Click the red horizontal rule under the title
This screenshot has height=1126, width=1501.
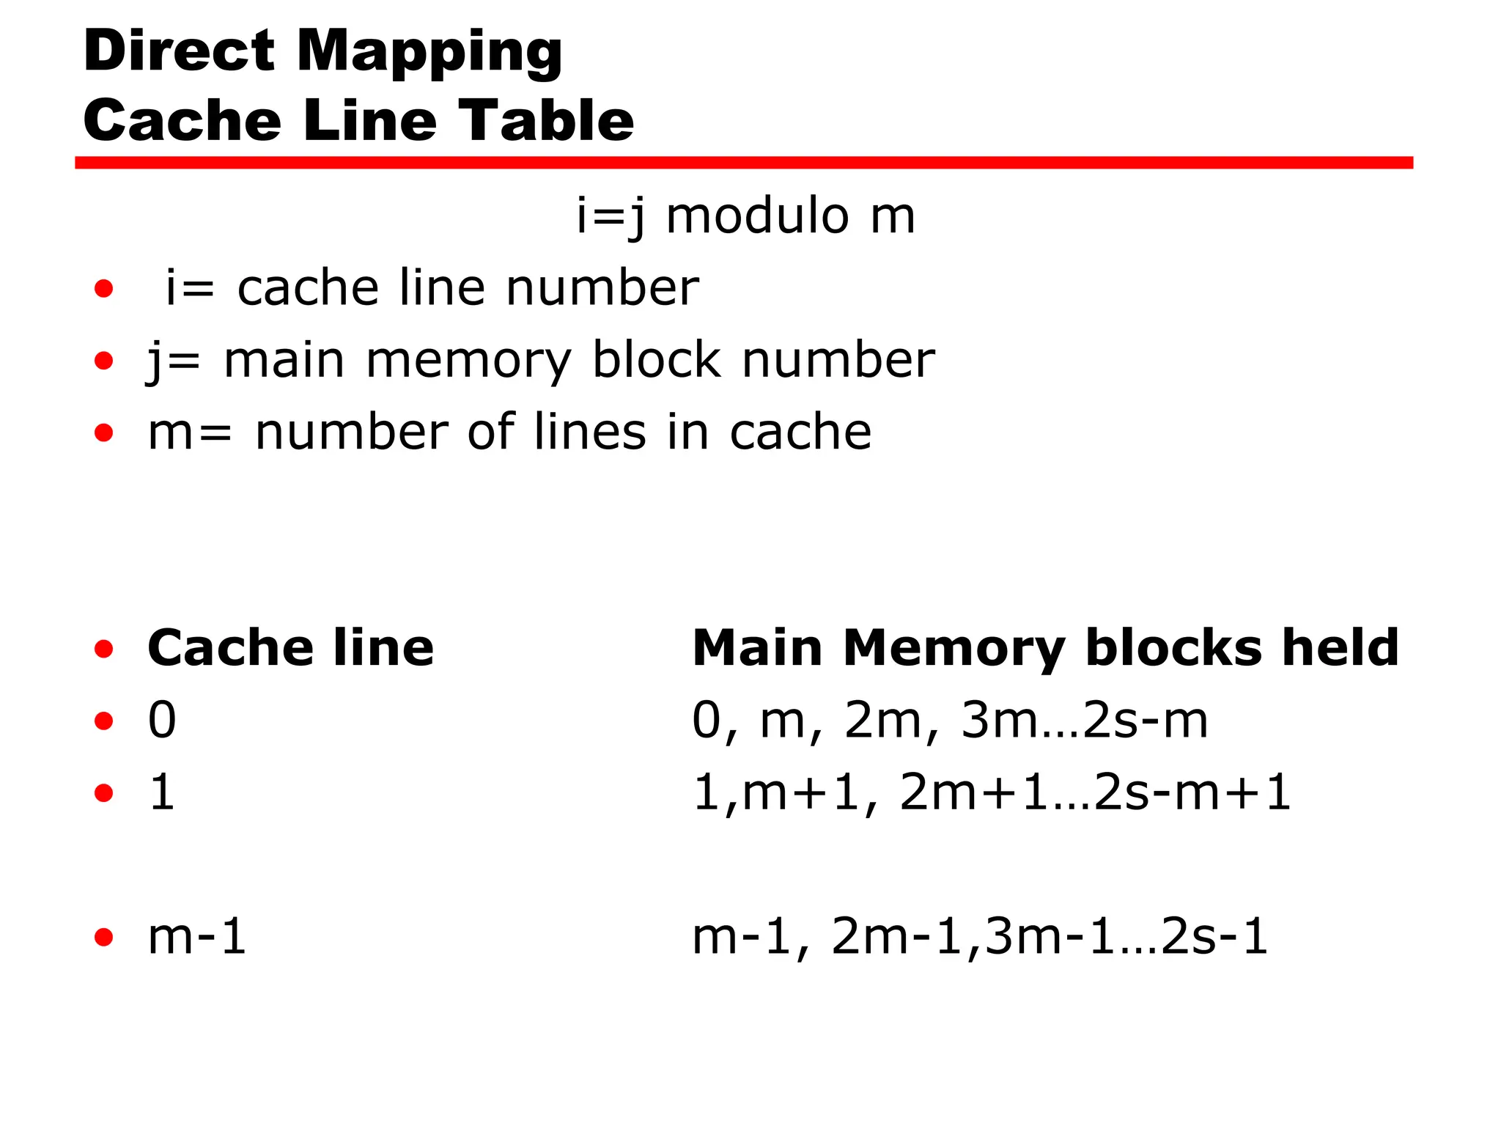click(x=743, y=163)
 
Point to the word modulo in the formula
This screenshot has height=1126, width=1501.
click(x=758, y=216)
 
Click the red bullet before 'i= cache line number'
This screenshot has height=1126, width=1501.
click(x=104, y=289)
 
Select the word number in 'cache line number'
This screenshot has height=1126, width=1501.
click(x=602, y=287)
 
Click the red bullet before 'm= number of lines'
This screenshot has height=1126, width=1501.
click(x=104, y=433)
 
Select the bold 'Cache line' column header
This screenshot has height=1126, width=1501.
click(x=290, y=648)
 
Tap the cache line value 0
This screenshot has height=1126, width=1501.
click(x=162, y=720)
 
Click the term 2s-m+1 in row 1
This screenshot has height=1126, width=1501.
click(x=1192, y=792)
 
